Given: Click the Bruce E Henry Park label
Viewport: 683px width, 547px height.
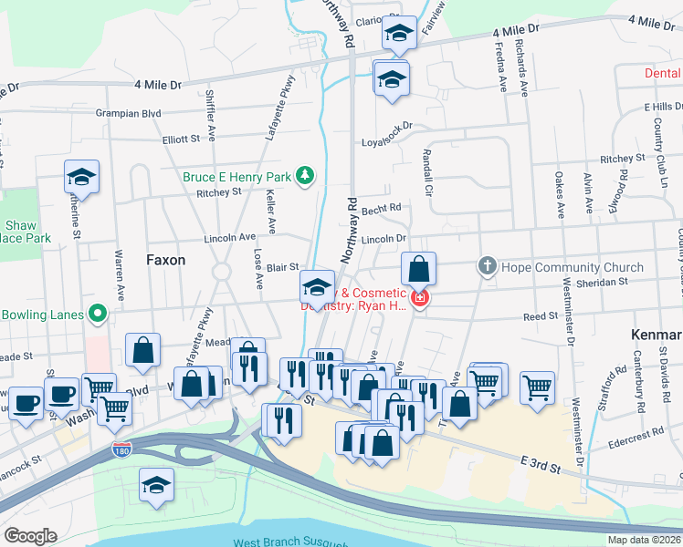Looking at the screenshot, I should click(x=236, y=175).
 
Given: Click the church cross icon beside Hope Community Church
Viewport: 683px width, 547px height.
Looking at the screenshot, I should click(x=488, y=267).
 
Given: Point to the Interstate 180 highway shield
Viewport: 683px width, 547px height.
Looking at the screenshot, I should click(x=121, y=449).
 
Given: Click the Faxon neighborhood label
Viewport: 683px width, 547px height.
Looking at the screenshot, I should click(x=165, y=260).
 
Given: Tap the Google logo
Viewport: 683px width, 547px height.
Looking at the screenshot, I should click(x=30, y=536).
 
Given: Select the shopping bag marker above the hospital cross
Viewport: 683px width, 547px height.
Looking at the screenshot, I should click(x=418, y=269).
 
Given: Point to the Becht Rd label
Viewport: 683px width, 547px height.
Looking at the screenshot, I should click(x=381, y=209).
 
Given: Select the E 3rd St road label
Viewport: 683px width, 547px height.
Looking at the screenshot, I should click(x=541, y=465).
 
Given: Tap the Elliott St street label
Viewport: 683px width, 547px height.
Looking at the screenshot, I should click(x=181, y=139).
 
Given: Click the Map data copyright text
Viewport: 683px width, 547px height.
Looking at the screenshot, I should click(x=644, y=540).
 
